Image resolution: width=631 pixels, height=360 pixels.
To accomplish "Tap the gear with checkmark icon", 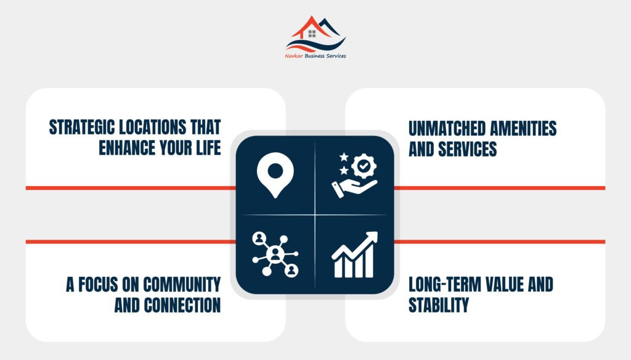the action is (x=364, y=165).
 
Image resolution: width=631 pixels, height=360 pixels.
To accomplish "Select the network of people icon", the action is (x=275, y=254).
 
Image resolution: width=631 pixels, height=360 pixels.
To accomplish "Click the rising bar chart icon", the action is (x=355, y=255).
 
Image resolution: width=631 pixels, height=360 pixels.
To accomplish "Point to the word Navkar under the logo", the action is (x=294, y=56).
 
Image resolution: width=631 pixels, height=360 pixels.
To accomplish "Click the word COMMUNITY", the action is (x=182, y=285).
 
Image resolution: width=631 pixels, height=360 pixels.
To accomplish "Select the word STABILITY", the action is (x=439, y=305).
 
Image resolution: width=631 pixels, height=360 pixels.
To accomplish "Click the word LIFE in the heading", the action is (x=208, y=148).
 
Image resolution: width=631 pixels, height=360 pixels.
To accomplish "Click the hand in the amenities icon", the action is (x=354, y=189).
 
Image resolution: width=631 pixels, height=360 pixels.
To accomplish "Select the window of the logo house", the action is (x=312, y=33).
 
